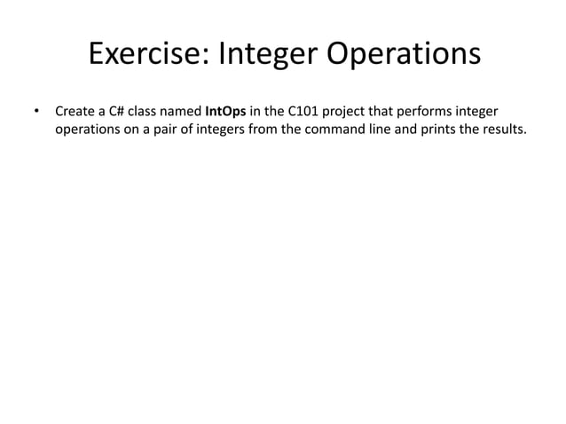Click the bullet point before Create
pyautogui.click(x=36, y=113)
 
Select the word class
pyautogui.click(x=147, y=113)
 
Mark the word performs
pyautogui.click(x=425, y=113)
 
